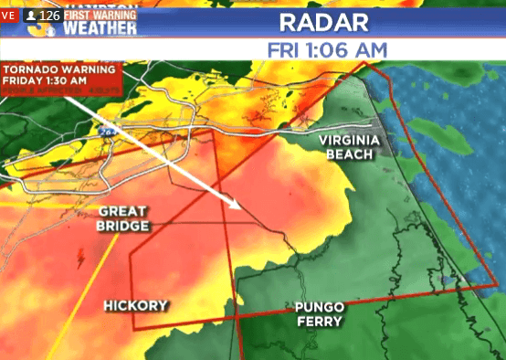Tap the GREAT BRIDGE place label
point(122,218)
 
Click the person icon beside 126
point(32,16)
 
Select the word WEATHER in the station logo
point(100,27)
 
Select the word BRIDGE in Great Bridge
point(122,226)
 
